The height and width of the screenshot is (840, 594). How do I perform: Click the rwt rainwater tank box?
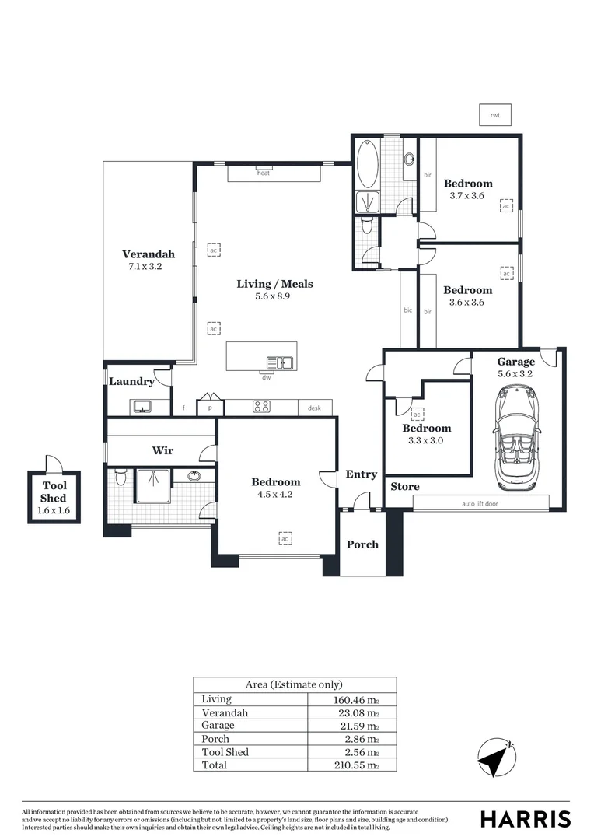click(494, 115)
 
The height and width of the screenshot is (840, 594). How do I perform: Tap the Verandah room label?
click(148, 254)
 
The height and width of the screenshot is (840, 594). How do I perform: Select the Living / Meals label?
click(274, 284)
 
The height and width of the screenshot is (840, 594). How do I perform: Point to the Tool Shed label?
click(54, 492)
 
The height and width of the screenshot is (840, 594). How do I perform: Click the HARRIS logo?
click(525, 818)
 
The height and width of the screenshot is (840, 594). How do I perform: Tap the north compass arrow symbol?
click(496, 755)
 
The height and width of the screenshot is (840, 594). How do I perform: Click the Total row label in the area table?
click(215, 765)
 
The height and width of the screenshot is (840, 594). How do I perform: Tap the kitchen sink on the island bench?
click(279, 362)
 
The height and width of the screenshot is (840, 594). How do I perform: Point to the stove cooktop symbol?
click(260, 406)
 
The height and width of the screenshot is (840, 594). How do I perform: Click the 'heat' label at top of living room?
click(264, 173)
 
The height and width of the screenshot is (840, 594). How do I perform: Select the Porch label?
click(362, 544)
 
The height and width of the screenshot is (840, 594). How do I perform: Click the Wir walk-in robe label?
click(162, 450)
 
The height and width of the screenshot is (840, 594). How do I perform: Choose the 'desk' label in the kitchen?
click(314, 408)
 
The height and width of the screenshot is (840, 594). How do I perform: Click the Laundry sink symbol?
click(142, 406)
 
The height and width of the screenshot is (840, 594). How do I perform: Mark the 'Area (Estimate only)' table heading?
click(294, 684)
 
